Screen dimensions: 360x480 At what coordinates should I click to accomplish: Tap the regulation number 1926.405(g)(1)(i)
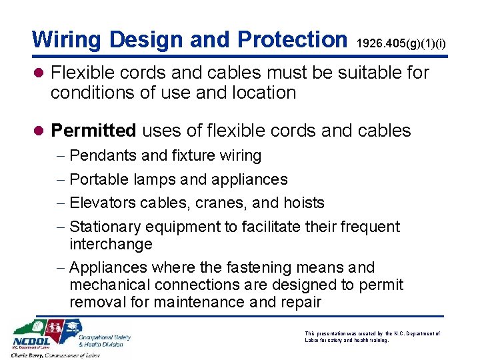point(401,44)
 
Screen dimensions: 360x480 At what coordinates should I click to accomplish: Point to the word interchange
point(111,244)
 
